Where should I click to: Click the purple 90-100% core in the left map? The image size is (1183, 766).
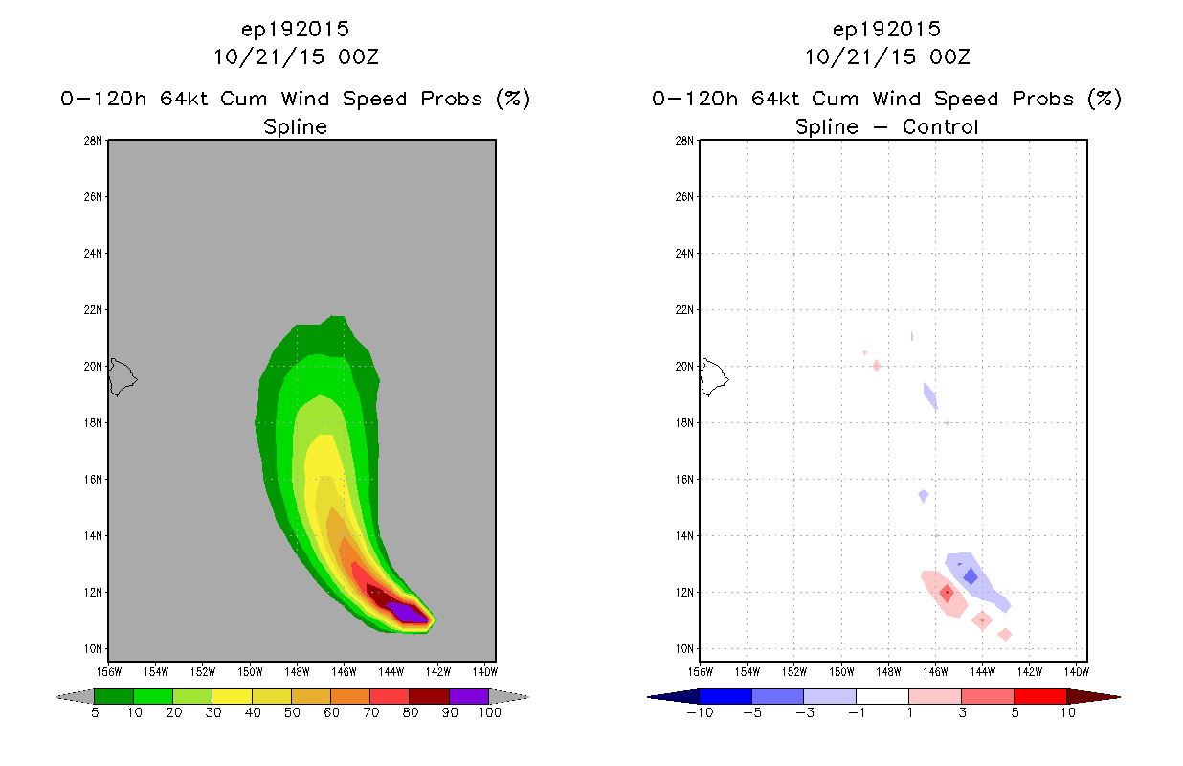tap(408, 612)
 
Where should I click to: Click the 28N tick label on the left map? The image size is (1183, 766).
tap(93, 141)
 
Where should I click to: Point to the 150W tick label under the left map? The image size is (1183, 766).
tap(250, 672)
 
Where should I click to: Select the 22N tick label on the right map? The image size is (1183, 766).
tap(684, 310)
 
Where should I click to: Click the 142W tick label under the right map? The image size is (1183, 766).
tap(1029, 672)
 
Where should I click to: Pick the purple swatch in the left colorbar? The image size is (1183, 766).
tap(469, 696)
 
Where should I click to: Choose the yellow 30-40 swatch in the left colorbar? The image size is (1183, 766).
tap(232, 696)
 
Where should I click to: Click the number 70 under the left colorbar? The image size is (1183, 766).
tap(370, 713)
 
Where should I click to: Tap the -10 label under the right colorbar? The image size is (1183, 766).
tap(700, 713)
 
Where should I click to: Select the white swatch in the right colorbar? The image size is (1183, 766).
tap(882, 696)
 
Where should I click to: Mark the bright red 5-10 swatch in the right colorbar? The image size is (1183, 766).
tap(1039, 696)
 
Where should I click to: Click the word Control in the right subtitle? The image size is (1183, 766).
tap(940, 127)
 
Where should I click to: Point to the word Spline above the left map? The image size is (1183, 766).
tap(295, 127)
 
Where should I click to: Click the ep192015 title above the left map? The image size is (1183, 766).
tap(295, 30)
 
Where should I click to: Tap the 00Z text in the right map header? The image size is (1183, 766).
tap(949, 57)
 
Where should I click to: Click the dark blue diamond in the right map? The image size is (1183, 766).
tap(971, 575)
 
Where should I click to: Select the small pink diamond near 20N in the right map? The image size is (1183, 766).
tap(876, 365)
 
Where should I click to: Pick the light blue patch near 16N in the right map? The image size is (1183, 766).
tap(924, 496)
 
